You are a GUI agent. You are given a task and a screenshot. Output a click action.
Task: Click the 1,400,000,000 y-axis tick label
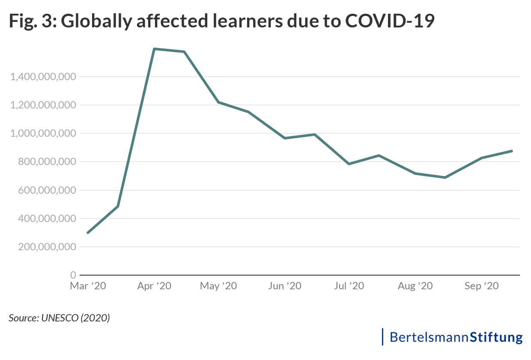click(x=43, y=77)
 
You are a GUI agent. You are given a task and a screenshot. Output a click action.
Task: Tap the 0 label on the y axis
click(x=73, y=275)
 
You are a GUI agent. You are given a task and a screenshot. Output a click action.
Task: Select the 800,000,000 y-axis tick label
click(x=47, y=162)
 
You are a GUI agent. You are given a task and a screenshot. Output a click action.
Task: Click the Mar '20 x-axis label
click(x=88, y=286)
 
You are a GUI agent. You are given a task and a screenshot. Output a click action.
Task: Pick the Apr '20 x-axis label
click(x=154, y=286)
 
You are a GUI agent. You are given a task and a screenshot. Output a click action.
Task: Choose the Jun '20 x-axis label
click(x=284, y=286)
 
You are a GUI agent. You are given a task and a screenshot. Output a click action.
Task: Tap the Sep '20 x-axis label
click(x=482, y=286)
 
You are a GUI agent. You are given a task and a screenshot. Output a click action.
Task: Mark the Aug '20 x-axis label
click(x=415, y=286)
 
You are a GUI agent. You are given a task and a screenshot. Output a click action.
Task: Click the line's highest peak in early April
click(x=154, y=49)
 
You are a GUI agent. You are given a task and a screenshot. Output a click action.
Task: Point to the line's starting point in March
click(x=88, y=233)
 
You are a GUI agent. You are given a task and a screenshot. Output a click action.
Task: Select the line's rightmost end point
click(x=512, y=151)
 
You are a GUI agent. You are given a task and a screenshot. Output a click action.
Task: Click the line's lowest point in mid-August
click(x=446, y=177)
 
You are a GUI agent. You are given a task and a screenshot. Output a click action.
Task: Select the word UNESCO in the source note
click(x=59, y=318)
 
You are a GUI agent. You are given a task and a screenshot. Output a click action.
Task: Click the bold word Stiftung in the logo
click(x=497, y=337)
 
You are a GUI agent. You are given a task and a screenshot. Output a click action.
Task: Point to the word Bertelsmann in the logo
click(x=430, y=337)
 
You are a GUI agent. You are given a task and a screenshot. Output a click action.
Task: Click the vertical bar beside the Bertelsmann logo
click(x=382, y=337)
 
